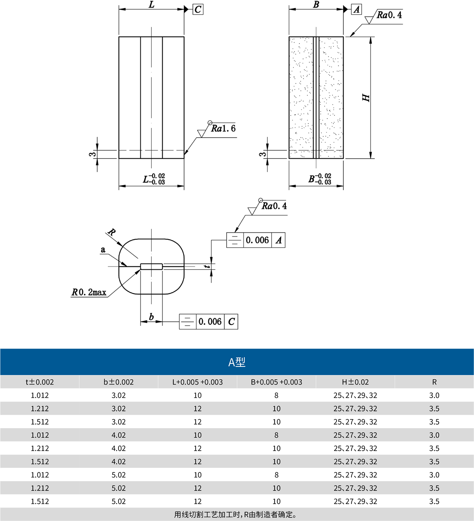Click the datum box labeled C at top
click(x=198, y=9)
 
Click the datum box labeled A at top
click(x=356, y=9)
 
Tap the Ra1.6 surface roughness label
click(x=223, y=128)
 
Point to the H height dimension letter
click(x=366, y=98)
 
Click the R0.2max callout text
click(x=89, y=292)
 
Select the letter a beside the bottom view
click(x=103, y=250)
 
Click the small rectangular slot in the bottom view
click(x=151, y=266)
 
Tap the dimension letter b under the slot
click(x=151, y=317)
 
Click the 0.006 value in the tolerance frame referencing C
click(x=210, y=322)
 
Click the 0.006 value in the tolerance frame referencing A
click(x=257, y=240)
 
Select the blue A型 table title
click(x=237, y=362)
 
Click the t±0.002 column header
click(x=40, y=382)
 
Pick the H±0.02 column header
click(x=355, y=382)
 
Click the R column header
click(x=434, y=382)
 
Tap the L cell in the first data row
click(x=198, y=395)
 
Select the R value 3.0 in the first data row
click(x=434, y=395)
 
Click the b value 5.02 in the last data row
click(x=118, y=501)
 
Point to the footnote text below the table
click(x=236, y=514)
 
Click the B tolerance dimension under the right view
click(x=320, y=179)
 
